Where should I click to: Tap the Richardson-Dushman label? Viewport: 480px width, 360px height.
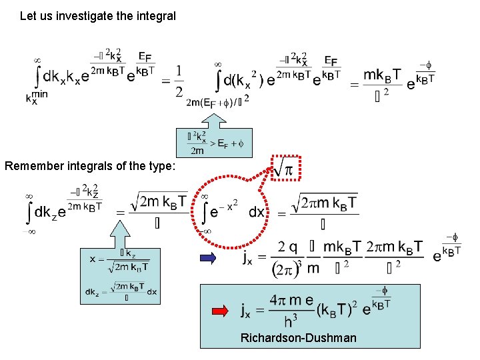(298, 338)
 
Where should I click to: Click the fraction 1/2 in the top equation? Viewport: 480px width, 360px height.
(179, 81)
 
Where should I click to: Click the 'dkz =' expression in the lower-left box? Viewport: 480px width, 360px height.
(95, 291)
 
